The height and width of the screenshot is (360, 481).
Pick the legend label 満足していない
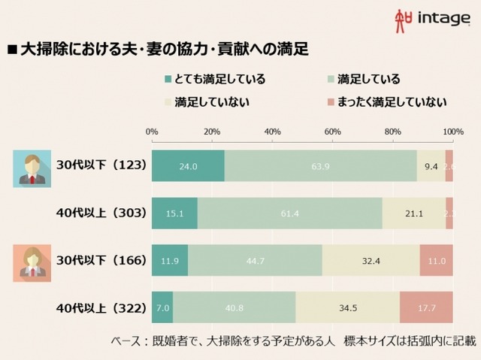pos(212,101)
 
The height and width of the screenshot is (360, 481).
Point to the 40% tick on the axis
pos(272,132)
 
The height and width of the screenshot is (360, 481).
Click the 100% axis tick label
pos(452,132)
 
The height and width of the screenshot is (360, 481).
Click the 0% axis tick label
pos(152,132)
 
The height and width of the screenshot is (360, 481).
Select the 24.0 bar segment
pos(188,166)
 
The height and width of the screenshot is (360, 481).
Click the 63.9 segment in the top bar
pos(320,166)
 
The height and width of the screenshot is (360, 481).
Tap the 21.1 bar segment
pos(413,213)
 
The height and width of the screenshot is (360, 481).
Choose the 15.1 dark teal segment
pos(174,213)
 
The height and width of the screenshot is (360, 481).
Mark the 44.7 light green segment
pos(255,260)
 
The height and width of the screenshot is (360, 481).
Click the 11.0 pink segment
pos(436,260)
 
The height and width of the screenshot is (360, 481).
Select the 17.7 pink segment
pos(426,307)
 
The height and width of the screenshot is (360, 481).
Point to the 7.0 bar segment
pos(162,307)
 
